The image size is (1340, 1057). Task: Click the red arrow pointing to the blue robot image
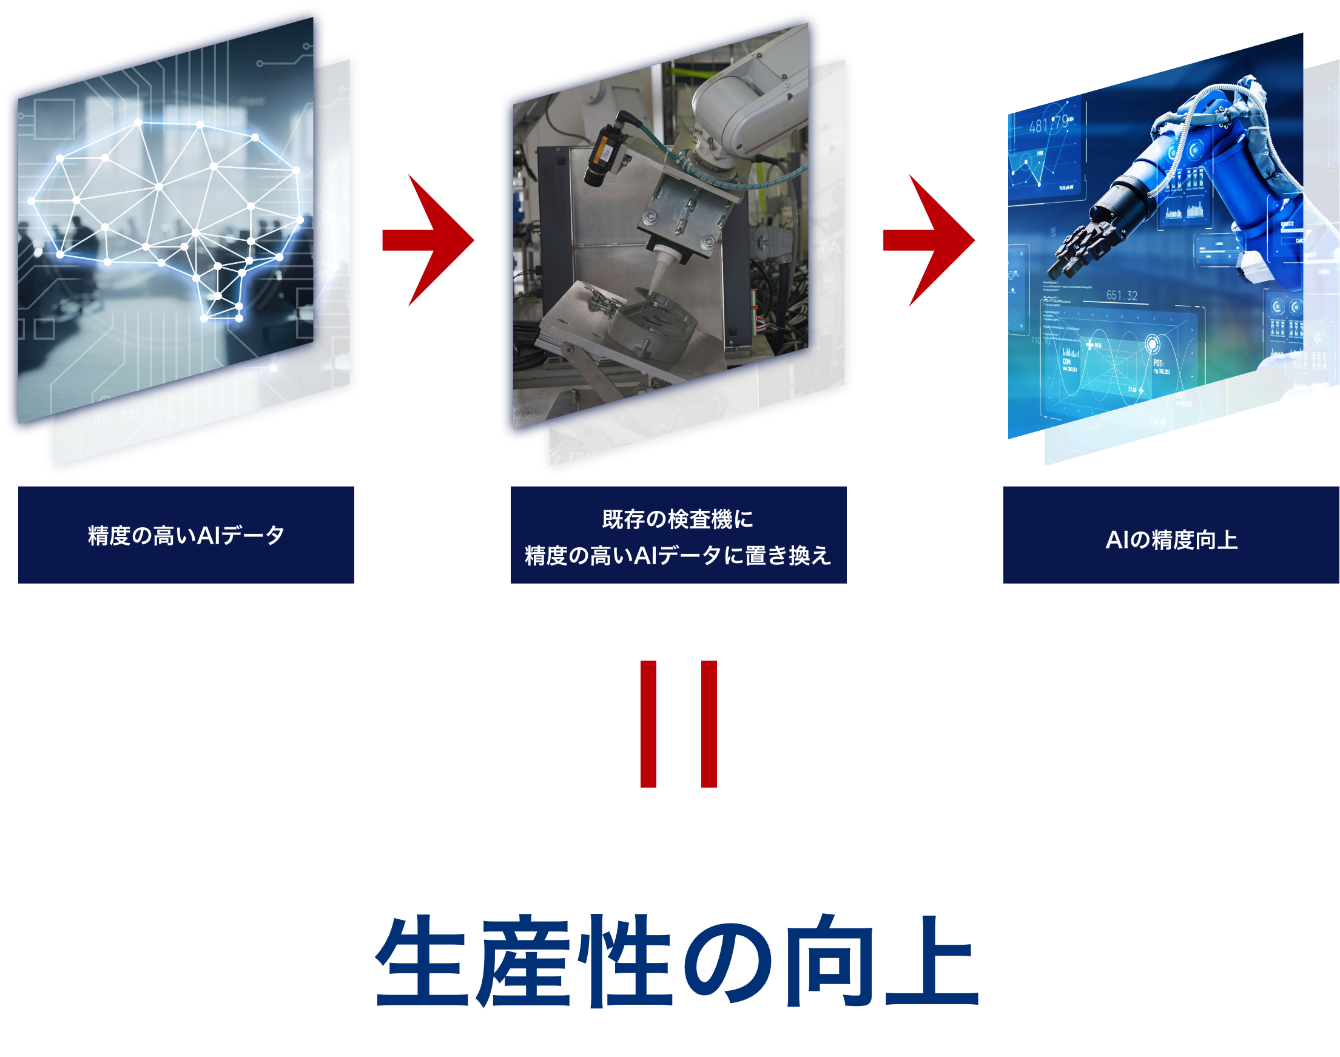pyautogui.click(x=929, y=240)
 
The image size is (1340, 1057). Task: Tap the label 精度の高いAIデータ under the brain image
pyautogui.click(x=186, y=535)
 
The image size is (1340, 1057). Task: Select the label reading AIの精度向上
pyautogui.click(x=1171, y=539)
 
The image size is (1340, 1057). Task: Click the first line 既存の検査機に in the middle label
pyautogui.click(x=678, y=519)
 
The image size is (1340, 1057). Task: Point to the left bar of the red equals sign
pyautogui.click(x=648, y=724)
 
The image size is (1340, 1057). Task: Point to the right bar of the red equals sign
pyautogui.click(x=709, y=724)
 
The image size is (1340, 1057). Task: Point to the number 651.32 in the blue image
pyautogui.click(x=1122, y=296)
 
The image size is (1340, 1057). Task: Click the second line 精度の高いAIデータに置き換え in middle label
pyautogui.click(x=678, y=556)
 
